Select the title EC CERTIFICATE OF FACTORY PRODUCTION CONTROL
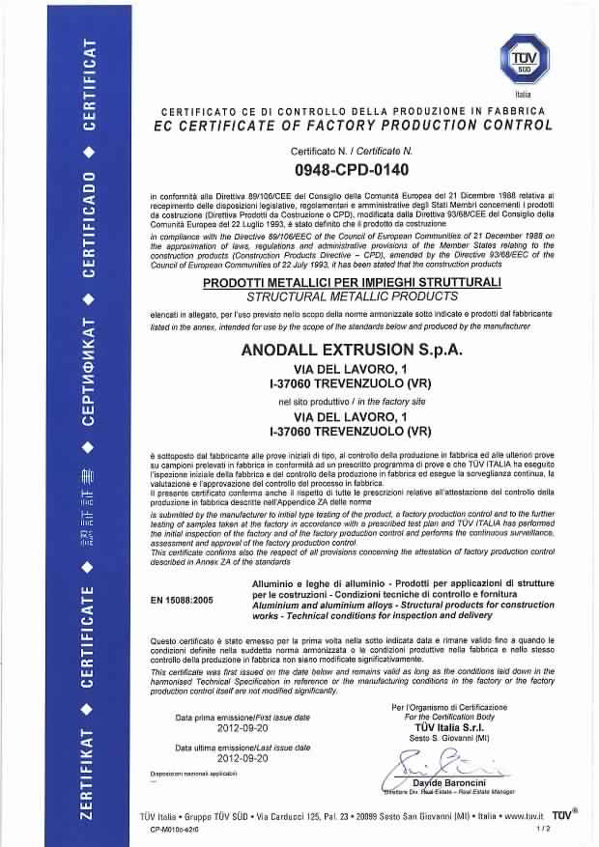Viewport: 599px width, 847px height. (x=353, y=125)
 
